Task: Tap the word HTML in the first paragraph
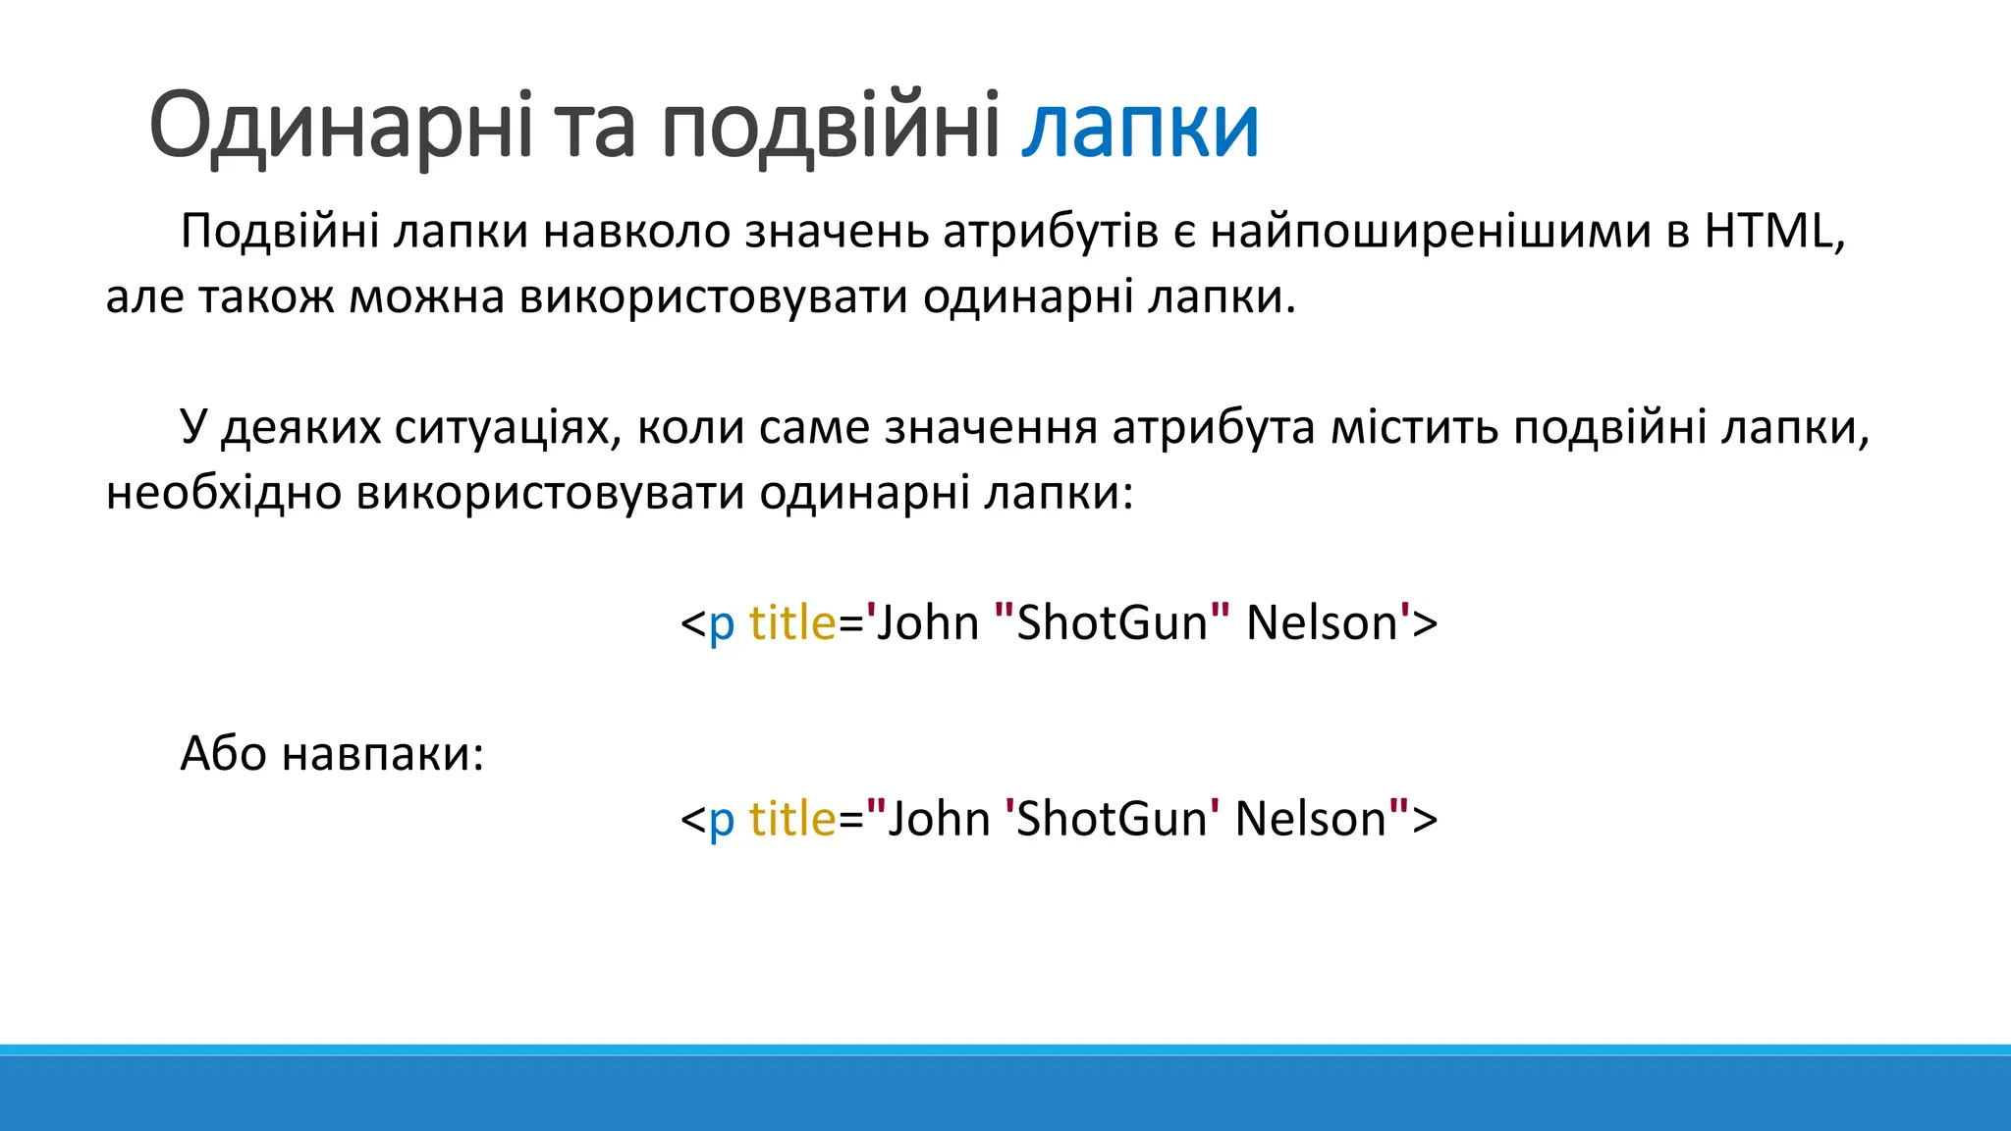click(x=1767, y=232)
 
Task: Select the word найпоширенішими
click(x=1430, y=232)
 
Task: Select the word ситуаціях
click(x=508, y=428)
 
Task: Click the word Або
click(x=224, y=754)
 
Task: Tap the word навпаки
click(x=383, y=754)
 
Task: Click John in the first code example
click(x=927, y=623)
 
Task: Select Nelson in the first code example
click(x=1322, y=623)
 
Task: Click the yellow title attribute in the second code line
click(x=792, y=820)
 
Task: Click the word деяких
click(x=300, y=428)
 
